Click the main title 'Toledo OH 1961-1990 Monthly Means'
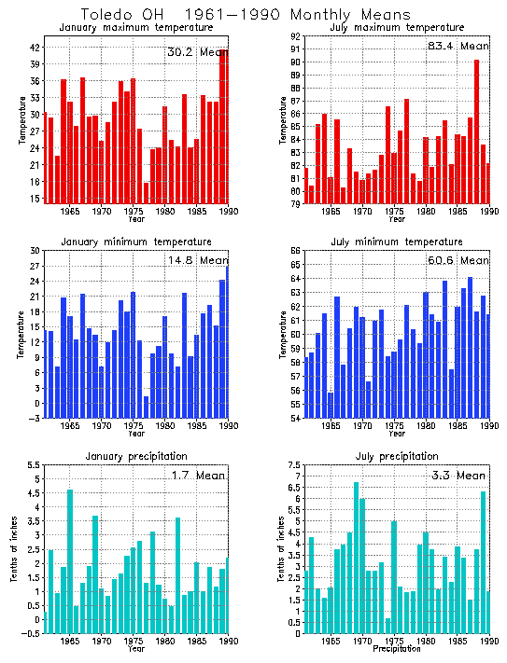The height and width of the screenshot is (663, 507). (x=245, y=15)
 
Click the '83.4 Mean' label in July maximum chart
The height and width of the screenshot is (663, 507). (x=458, y=45)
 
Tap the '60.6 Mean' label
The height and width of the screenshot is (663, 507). (x=458, y=260)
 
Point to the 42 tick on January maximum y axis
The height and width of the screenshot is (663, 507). (x=35, y=48)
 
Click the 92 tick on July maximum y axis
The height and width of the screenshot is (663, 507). (x=295, y=36)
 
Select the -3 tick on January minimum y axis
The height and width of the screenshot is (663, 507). (x=35, y=419)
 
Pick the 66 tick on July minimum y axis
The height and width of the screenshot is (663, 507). (x=295, y=251)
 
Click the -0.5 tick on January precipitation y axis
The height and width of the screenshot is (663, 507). (x=30, y=633)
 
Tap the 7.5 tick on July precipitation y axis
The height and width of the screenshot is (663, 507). (x=295, y=465)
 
